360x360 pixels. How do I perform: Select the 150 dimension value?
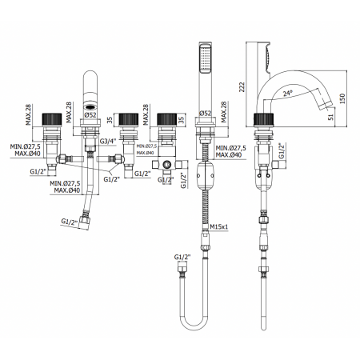pyautogui.click(x=342, y=98)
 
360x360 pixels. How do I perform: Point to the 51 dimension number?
pyautogui.click(x=331, y=117)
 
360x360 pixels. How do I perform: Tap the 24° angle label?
pyautogui.click(x=288, y=93)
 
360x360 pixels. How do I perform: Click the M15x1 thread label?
pyautogui.click(x=219, y=226)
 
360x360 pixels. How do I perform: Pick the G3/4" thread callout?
pyautogui.click(x=108, y=141)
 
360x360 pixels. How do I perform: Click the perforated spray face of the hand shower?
pyautogui.click(x=206, y=58)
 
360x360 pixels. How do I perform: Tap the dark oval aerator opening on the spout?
pyautogui.click(x=90, y=107)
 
